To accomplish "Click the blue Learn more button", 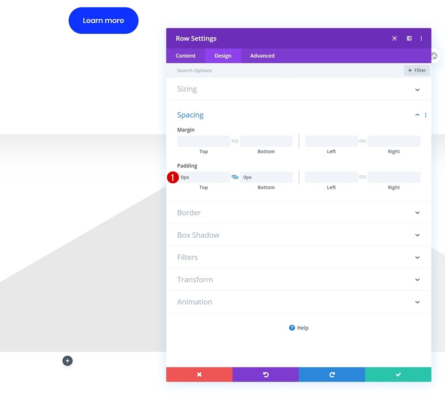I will coord(103,21).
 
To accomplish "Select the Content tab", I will coord(186,56).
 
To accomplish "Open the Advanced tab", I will coord(262,56).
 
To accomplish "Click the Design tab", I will coord(223,56).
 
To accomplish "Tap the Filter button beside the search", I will coord(417,70).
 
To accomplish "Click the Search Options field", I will coord(283,70).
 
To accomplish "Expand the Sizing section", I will coord(298,89).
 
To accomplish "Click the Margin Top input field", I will coord(203,141).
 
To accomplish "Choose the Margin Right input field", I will coord(393,141).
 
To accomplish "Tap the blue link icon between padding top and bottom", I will coord(235,177).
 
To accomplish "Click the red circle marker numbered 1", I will coord(173,178).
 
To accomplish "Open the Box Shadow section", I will coord(298,235).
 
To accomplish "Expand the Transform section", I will coord(298,280).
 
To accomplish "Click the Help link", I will coord(299,328).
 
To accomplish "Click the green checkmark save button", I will coord(398,374).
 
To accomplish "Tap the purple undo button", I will coord(265,374).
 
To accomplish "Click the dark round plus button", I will coord(68,361).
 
